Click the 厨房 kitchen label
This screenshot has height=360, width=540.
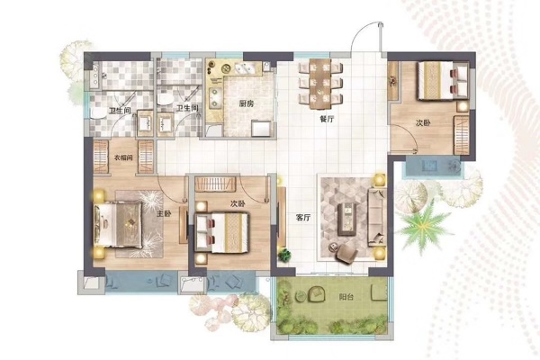tap(247, 103)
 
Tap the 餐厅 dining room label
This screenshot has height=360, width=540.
tap(327, 119)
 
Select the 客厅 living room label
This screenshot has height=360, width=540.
tap(303, 218)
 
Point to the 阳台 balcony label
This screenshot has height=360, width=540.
tap(346, 297)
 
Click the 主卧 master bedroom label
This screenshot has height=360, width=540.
tap(164, 214)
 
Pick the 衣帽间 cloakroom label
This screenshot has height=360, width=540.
tap(123, 157)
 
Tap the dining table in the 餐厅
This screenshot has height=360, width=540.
tap(320, 84)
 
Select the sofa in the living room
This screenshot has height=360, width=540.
tap(377, 217)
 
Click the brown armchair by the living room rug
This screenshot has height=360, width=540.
tap(346, 254)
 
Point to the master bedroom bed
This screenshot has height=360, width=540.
tap(117, 224)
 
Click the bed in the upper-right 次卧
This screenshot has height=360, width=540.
tap(443, 80)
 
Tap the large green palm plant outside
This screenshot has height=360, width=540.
tap(424, 226)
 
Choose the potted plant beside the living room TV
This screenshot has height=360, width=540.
tap(284, 256)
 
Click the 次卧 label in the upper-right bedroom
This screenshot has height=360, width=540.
tap(423, 123)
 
